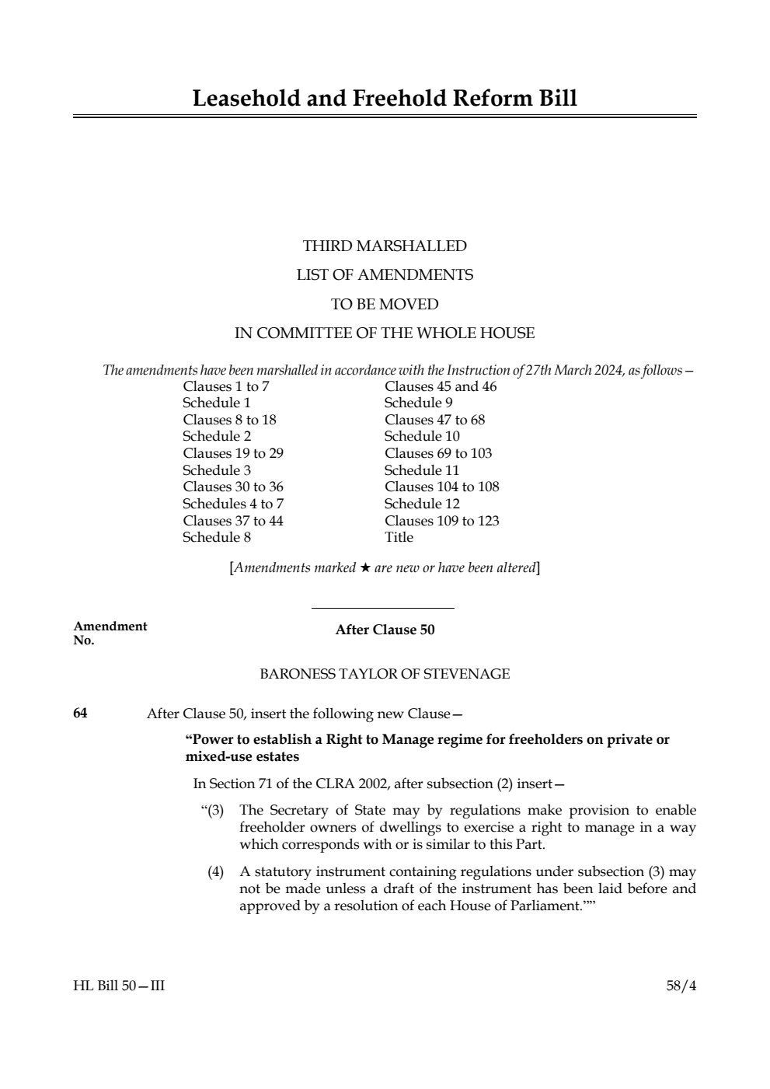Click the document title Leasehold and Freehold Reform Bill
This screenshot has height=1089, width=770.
pyautogui.click(x=385, y=99)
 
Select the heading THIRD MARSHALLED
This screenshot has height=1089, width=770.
pyautogui.click(x=385, y=246)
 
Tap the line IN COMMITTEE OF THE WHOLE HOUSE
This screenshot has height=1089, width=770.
pyautogui.click(x=385, y=333)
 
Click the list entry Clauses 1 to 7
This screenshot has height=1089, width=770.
pyautogui.click(x=226, y=386)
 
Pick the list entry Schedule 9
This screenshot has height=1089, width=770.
pyautogui.click(x=418, y=403)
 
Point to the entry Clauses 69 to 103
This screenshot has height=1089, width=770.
pyautogui.click(x=438, y=453)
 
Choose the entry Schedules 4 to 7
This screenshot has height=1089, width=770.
pyautogui.click(x=233, y=504)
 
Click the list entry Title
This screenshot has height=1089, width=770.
pyautogui.click(x=399, y=537)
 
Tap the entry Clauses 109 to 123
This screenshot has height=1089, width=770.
pyautogui.click(x=441, y=521)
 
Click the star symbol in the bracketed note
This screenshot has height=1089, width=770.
pyautogui.click(x=365, y=568)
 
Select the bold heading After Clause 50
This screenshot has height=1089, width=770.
pyautogui.click(x=385, y=630)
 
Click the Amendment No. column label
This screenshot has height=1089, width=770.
pyautogui.click(x=110, y=633)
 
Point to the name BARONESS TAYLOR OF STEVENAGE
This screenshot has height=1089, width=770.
pyautogui.click(x=385, y=674)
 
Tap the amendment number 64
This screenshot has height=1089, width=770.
pyautogui.click(x=80, y=713)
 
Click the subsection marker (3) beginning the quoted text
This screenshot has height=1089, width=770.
pyautogui.click(x=214, y=810)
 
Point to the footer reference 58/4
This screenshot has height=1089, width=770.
pyautogui.click(x=681, y=986)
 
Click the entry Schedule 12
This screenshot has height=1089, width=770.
pyautogui.click(x=422, y=504)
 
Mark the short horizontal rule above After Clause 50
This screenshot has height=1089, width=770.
pyautogui.click(x=382, y=608)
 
